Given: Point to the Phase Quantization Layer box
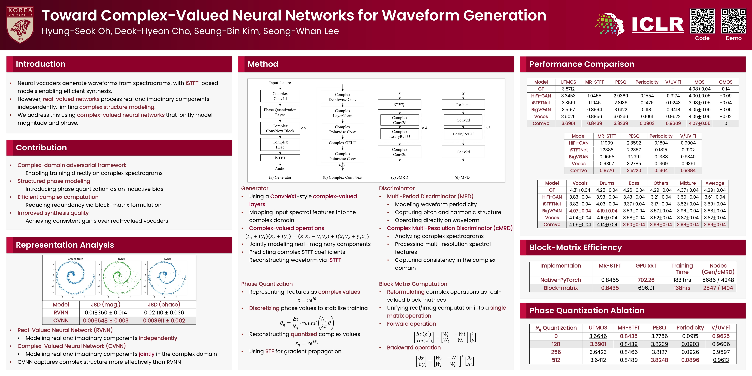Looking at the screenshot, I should click(x=280, y=112).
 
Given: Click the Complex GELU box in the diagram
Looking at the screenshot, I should click(x=342, y=143).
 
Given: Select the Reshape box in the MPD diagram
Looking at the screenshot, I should click(x=463, y=105).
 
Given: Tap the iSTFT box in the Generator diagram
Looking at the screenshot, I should click(x=280, y=158).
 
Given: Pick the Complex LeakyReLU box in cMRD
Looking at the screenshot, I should click(x=399, y=134).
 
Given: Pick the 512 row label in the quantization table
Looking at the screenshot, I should click(x=556, y=360).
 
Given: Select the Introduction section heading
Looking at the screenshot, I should click(x=41, y=64).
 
